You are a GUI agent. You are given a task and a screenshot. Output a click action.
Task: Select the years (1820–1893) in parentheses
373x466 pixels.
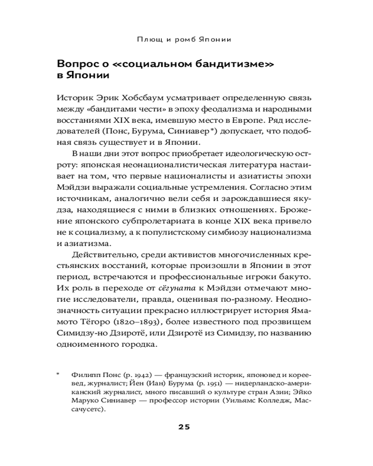138,322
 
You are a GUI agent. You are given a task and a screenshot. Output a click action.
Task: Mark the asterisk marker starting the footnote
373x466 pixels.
58,374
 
